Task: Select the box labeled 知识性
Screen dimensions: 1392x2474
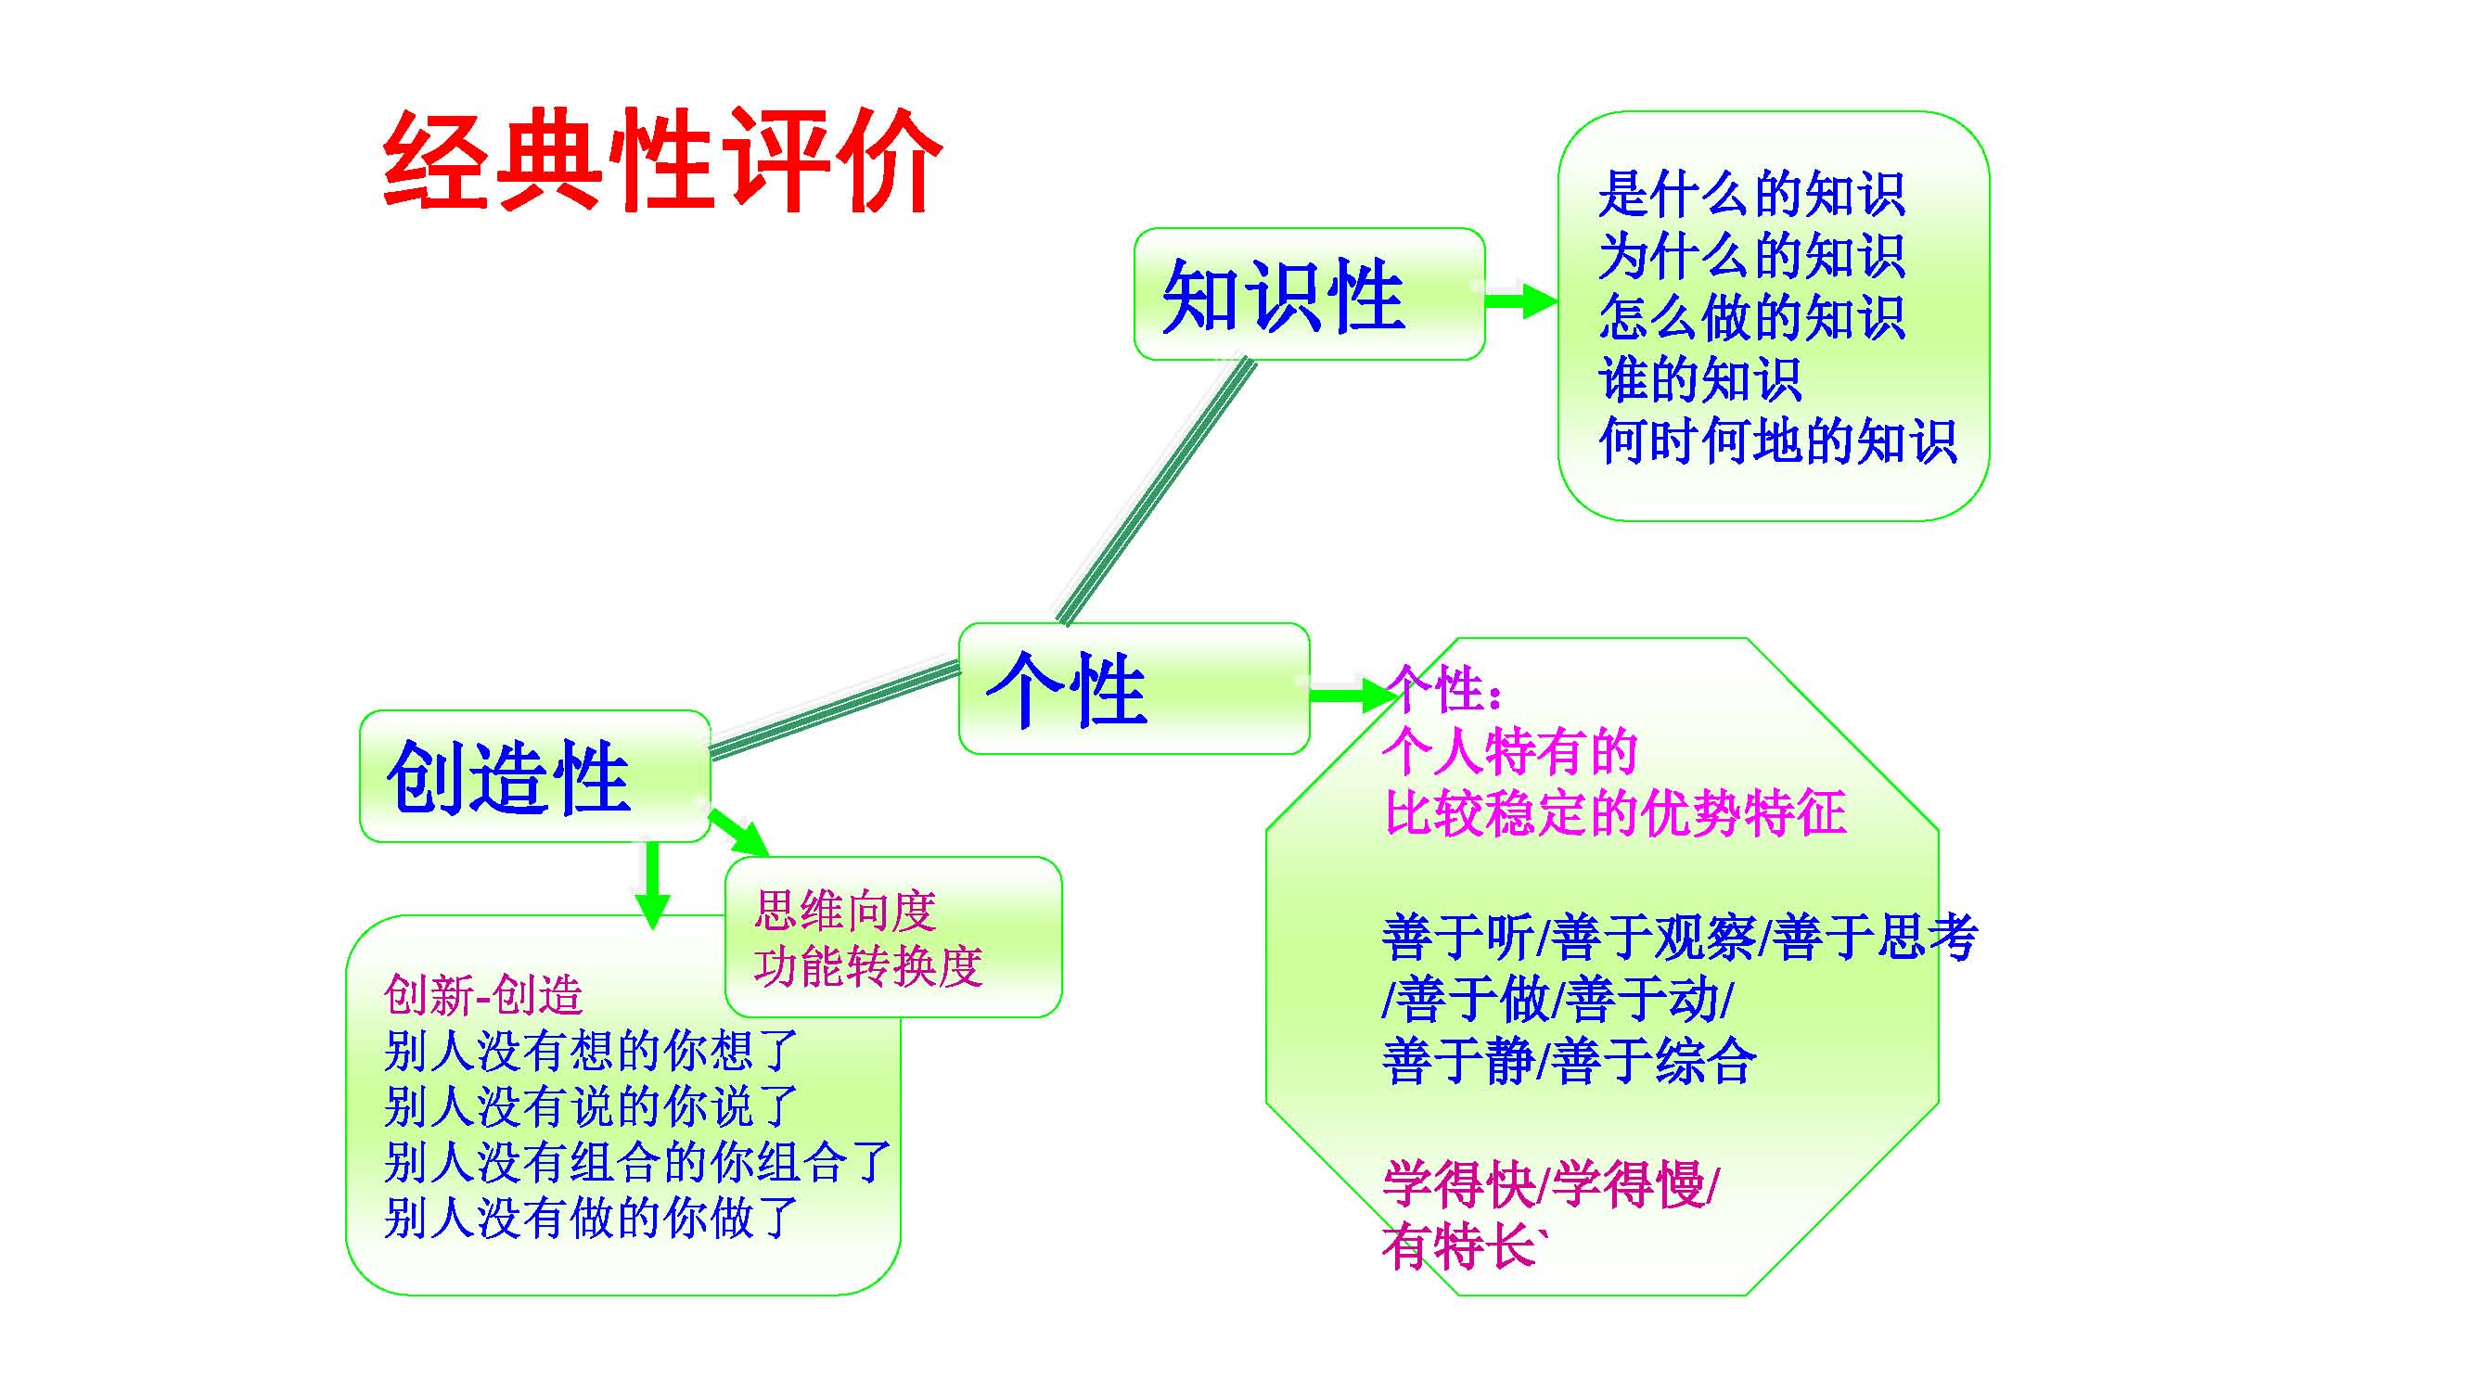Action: (1308, 295)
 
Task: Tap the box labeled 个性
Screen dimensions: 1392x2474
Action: (1134, 688)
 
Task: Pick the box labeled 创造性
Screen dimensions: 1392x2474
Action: (534, 776)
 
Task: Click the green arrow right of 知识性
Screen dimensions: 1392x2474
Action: (1522, 300)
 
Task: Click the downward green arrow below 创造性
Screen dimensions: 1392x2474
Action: (652, 883)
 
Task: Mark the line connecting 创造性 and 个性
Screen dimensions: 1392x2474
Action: (834, 708)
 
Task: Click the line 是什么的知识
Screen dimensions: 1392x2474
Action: (1750, 195)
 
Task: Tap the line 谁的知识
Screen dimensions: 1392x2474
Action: (1698, 379)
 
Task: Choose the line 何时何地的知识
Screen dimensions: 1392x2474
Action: (1776, 441)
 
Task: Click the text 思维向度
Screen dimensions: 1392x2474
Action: (845, 910)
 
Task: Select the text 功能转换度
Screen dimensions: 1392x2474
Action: (868, 965)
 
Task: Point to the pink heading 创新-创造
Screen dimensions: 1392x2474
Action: (483, 994)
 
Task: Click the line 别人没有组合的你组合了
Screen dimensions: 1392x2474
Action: (636, 1162)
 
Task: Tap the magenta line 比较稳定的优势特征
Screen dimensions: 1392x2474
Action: (1614, 813)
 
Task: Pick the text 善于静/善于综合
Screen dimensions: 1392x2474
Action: (1569, 1061)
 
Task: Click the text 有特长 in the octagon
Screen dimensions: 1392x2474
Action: (1460, 1248)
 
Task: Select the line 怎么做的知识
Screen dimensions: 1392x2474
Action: (1750, 318)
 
